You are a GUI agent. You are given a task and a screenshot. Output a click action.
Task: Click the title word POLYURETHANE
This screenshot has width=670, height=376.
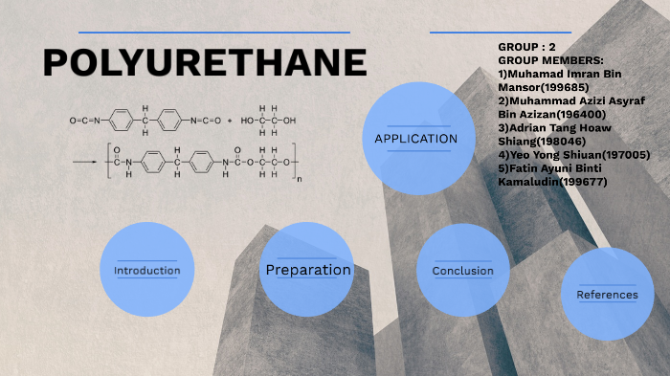coord(205,63)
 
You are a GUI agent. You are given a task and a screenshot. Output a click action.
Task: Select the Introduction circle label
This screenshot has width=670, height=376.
coord(146,271)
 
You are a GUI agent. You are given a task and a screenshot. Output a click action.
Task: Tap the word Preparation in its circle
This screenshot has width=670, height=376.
coord(308,271)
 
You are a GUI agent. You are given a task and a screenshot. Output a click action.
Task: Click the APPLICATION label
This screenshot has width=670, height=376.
coord(415,140)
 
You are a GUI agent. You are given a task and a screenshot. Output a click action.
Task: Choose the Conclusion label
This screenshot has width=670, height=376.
coord(463,271)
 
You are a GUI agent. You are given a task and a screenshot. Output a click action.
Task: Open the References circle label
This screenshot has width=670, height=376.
coord(607,295)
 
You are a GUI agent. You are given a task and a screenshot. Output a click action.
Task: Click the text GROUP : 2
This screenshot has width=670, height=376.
coord(526,47)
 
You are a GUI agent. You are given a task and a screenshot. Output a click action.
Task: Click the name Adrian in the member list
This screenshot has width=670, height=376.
coord(528,127)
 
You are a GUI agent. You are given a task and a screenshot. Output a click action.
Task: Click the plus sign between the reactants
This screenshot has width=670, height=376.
coord(231,122)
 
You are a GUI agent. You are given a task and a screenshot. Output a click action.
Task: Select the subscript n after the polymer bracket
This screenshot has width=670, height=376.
coord(300,178)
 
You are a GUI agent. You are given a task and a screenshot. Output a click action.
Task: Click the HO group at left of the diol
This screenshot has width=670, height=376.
coord(247,122)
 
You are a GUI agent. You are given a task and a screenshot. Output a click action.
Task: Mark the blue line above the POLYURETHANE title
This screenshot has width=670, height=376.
coord(212,33)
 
